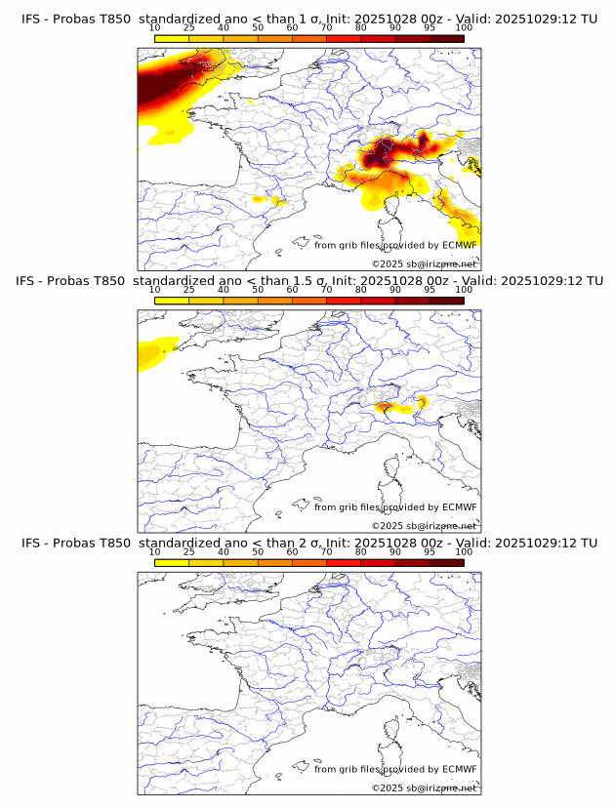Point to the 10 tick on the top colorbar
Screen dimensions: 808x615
coord(155,29)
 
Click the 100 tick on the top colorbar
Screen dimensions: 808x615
coord(464,29)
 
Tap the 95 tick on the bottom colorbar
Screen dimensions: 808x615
coord(430,552)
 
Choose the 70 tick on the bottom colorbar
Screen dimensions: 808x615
coord(326,552)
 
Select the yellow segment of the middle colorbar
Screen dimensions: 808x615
coord(172,300)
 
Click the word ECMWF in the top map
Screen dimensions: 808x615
coord(460,245)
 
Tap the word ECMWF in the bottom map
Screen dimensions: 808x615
coord(460,769)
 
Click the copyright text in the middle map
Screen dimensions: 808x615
coord(424,525)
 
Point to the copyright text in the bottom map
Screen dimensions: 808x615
coord(424,787)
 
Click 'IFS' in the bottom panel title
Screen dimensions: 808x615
coord(31,543)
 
